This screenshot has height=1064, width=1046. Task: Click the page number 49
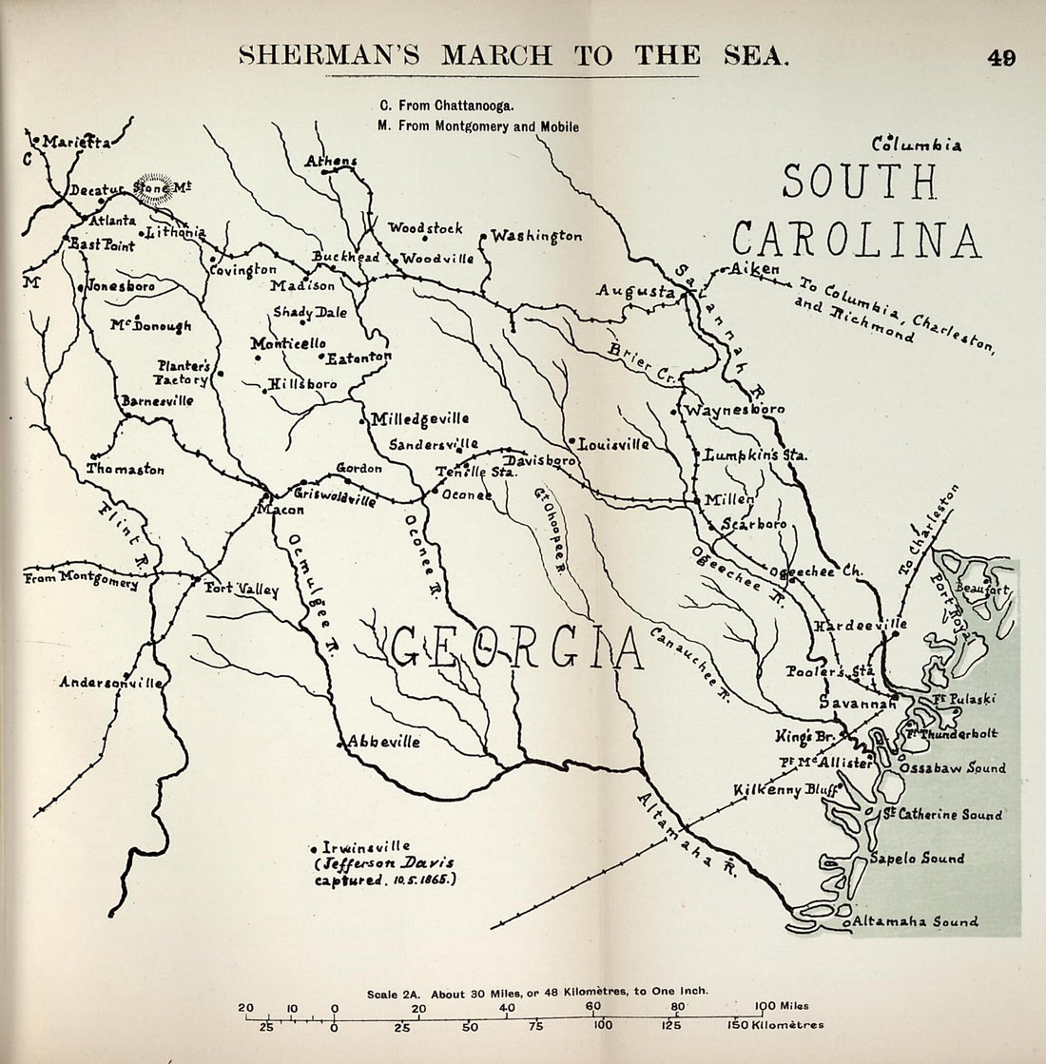(1000, 57)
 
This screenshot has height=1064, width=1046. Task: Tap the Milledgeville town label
(419, 418)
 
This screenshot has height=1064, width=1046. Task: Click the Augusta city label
(635, 291)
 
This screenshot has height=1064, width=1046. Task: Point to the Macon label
(280, 511)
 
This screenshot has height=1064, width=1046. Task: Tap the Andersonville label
(110, 682)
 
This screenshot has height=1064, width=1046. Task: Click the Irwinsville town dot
(313, 847)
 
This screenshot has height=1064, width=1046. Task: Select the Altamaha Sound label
(915, 921)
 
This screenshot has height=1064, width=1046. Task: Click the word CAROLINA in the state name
(856, 240)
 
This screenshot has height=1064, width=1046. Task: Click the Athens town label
(330, 161)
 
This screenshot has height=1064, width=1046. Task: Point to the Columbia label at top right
(918, 145)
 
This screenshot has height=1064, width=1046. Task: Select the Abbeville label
(382, 743)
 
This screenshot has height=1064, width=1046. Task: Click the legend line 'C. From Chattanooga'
(446, 106)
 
